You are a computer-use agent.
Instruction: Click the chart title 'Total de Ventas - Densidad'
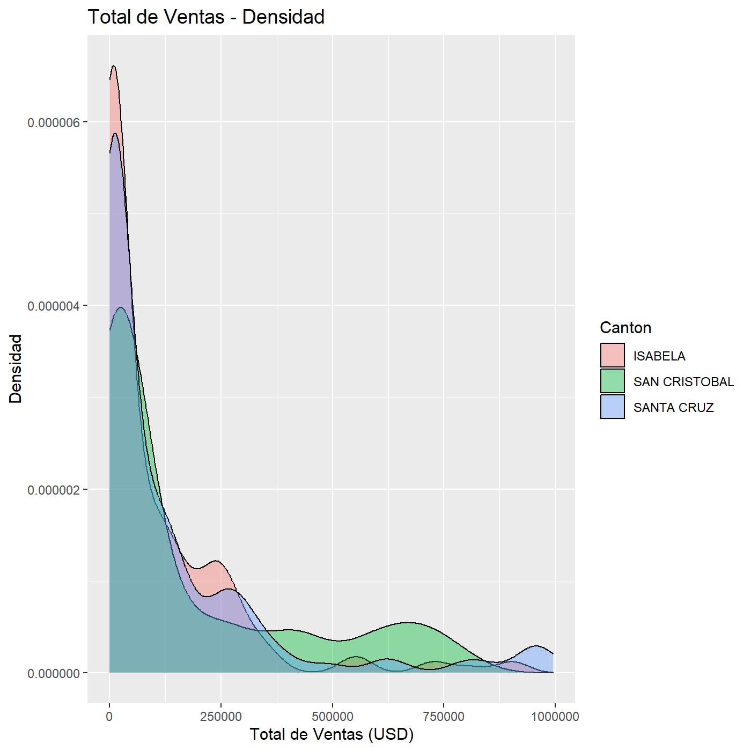pyautogui.click(x=206, y=17)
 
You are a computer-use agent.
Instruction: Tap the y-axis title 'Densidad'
pyautogui.click(x=16, y=369)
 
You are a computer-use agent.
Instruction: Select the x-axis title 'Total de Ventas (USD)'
pyautogui.click(x=332, y=734)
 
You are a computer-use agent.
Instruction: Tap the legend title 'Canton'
pyautogui.click(x=625, y=328)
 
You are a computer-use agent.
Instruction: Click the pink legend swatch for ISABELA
pyautogui.click(x=612, y=355)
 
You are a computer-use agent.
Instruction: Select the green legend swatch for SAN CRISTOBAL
pyautogui.click(x=612, y=381)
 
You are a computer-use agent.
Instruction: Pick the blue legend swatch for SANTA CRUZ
pyautogui.click(x=612, y=407)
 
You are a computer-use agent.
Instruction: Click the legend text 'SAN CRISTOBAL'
pyautogui.click(x=683, y=381)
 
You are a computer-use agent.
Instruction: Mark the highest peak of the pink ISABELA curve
pyautogui.click(x=113, y=65)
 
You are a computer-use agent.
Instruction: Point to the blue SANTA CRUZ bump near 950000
pyautogui.click(x=536, y=646)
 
